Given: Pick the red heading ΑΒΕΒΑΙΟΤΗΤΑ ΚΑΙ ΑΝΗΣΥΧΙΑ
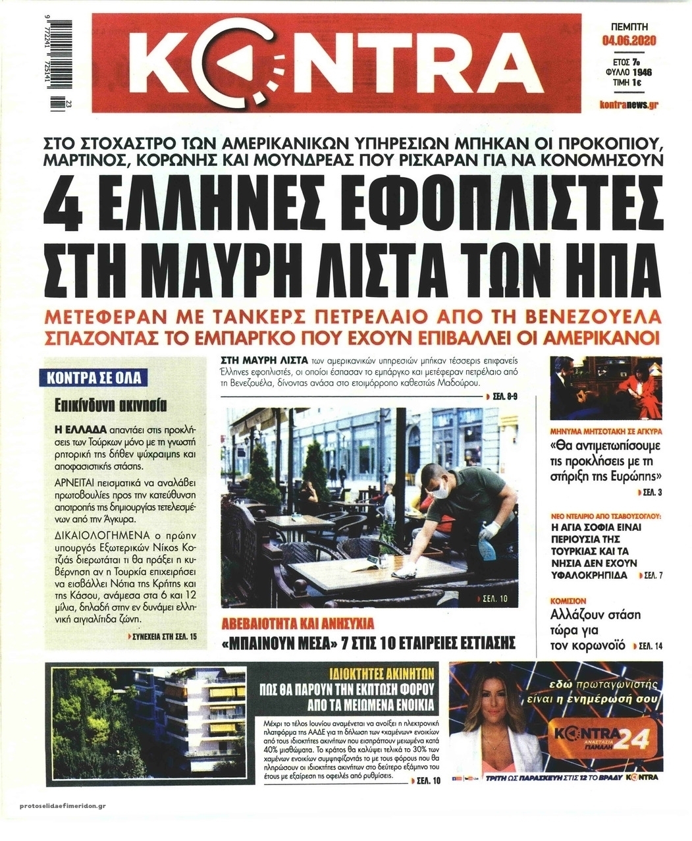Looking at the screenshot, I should click(x=298, y=622).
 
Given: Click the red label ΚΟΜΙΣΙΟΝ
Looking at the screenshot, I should click(x=568, y=601).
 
